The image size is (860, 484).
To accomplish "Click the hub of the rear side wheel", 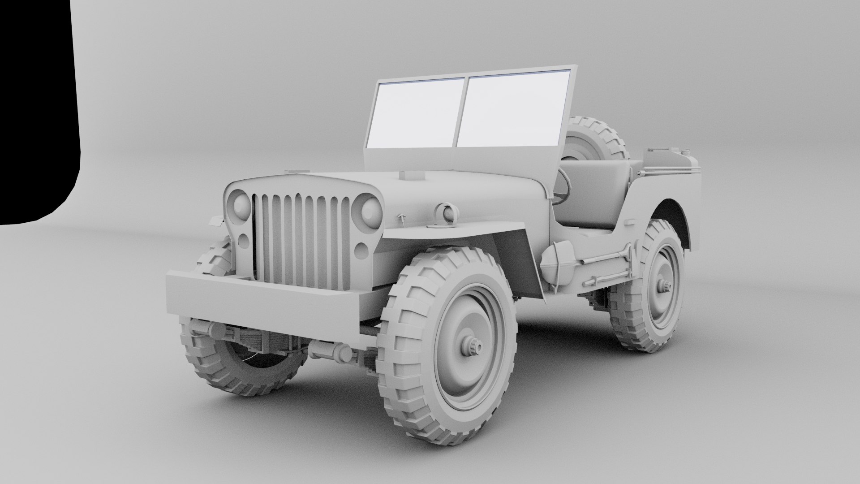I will (663, 285).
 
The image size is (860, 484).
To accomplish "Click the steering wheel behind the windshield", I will (563, 188).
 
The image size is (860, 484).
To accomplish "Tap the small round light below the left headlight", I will (244, 241).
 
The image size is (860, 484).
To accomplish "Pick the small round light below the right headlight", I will (361, 250).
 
